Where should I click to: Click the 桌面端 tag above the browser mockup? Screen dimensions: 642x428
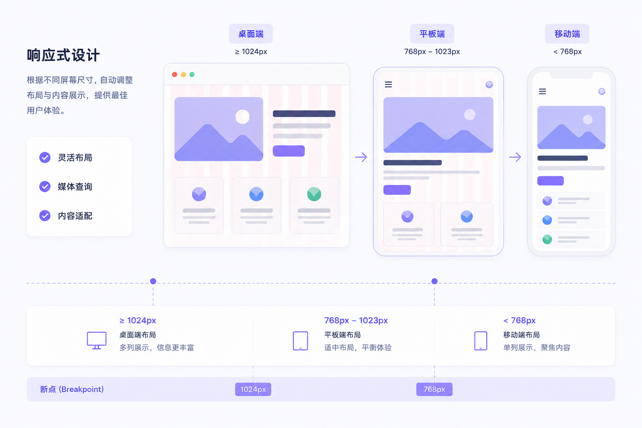tap(251, 34)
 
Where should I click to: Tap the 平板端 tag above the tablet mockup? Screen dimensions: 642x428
tap(432, 34)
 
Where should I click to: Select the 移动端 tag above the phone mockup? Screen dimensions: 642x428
tap(567, 34)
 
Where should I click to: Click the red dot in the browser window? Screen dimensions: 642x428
tap(175, 74)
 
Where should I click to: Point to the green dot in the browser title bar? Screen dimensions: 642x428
tap(192, 74)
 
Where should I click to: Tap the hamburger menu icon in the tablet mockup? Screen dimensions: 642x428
tap(388, 84)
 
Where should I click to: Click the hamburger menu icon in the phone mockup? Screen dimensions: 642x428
tap(542, 92)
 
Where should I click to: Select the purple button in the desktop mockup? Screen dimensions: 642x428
tap(289, 151)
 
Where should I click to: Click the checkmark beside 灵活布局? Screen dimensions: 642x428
tap(45, 158)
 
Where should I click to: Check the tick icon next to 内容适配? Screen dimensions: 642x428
tap(45, 216)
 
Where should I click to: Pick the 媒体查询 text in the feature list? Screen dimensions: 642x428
tap(75, 186)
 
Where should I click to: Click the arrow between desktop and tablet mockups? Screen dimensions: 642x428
tap(361, 157)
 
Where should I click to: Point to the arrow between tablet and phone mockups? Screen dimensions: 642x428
tap(515, 157)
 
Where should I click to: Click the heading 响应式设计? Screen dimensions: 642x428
tap(63, 55)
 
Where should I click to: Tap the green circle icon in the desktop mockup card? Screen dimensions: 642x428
tap(314, 194)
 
